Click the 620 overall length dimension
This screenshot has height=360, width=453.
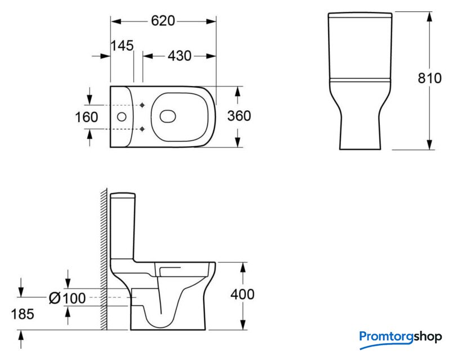tap(163, 21)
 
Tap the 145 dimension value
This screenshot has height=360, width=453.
tap(122, 46)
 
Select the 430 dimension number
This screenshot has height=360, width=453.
tap(180, 56)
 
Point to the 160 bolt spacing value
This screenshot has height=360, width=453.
tap(87, 117)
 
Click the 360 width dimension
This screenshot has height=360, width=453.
tap(239, 116)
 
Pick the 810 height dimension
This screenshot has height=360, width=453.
tap(429, 78)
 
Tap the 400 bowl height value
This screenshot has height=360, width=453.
tap(243, 294)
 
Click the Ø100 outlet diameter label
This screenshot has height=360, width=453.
tap(68, 298)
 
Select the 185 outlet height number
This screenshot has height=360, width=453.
tap(23, 314)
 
